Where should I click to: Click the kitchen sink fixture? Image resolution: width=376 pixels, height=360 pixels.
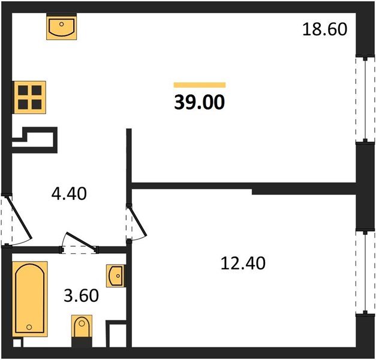coord(62,26)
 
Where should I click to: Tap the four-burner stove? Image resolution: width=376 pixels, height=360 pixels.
coord(30,97)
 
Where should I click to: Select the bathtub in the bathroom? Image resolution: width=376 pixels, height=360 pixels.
coord(30,299)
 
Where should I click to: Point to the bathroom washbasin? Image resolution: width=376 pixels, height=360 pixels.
coord(115,276)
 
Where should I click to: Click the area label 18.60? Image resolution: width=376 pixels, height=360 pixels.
coord(324,29)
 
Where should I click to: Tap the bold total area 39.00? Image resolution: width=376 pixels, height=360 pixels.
coord(200,102)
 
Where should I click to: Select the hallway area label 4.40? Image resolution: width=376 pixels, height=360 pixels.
coord(69,194)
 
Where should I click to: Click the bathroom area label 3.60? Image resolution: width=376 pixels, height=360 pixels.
coord(82,295)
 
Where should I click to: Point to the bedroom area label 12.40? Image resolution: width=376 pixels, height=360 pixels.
coord(243,263)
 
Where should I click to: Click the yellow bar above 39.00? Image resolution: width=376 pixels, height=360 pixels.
coord(200,85)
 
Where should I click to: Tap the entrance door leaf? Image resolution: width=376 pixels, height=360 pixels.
coord(20,217)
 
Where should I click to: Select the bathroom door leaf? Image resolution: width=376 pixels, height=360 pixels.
coord(81,241)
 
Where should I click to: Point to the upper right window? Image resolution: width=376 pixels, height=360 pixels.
coord(365,100)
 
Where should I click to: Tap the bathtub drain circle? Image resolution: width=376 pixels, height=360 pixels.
coord(29,327)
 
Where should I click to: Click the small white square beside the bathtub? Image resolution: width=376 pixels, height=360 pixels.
coord(17,343)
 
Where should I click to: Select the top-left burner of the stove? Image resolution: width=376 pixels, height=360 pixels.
coord(23,91)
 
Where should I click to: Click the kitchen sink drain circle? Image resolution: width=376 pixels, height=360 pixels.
coord(62,24)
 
